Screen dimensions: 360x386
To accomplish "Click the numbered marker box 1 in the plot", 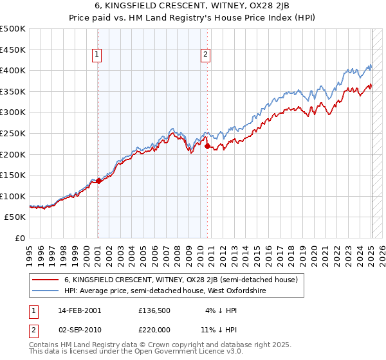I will (x=97, y=55).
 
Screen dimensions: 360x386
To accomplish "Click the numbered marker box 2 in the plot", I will (x=205, y=55).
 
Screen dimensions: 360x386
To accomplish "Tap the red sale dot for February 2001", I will (x=98, y=181).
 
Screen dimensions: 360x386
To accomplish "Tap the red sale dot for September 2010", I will (x=207, y=146).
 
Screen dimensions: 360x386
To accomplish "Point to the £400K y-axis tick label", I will (x=12, y=71).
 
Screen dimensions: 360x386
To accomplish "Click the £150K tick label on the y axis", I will (x=12, y=175).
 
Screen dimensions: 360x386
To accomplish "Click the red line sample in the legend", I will (x=44, y=280).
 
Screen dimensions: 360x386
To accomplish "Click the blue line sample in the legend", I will (x=44, y=291).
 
